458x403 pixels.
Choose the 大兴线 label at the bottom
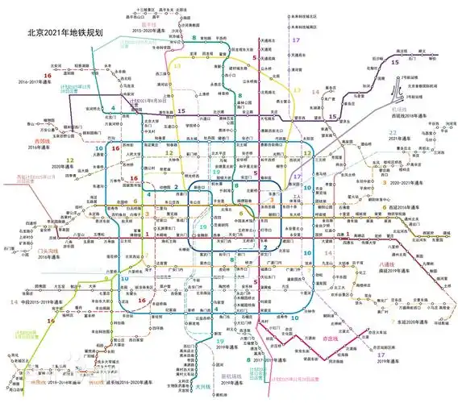tap(205, 387)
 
